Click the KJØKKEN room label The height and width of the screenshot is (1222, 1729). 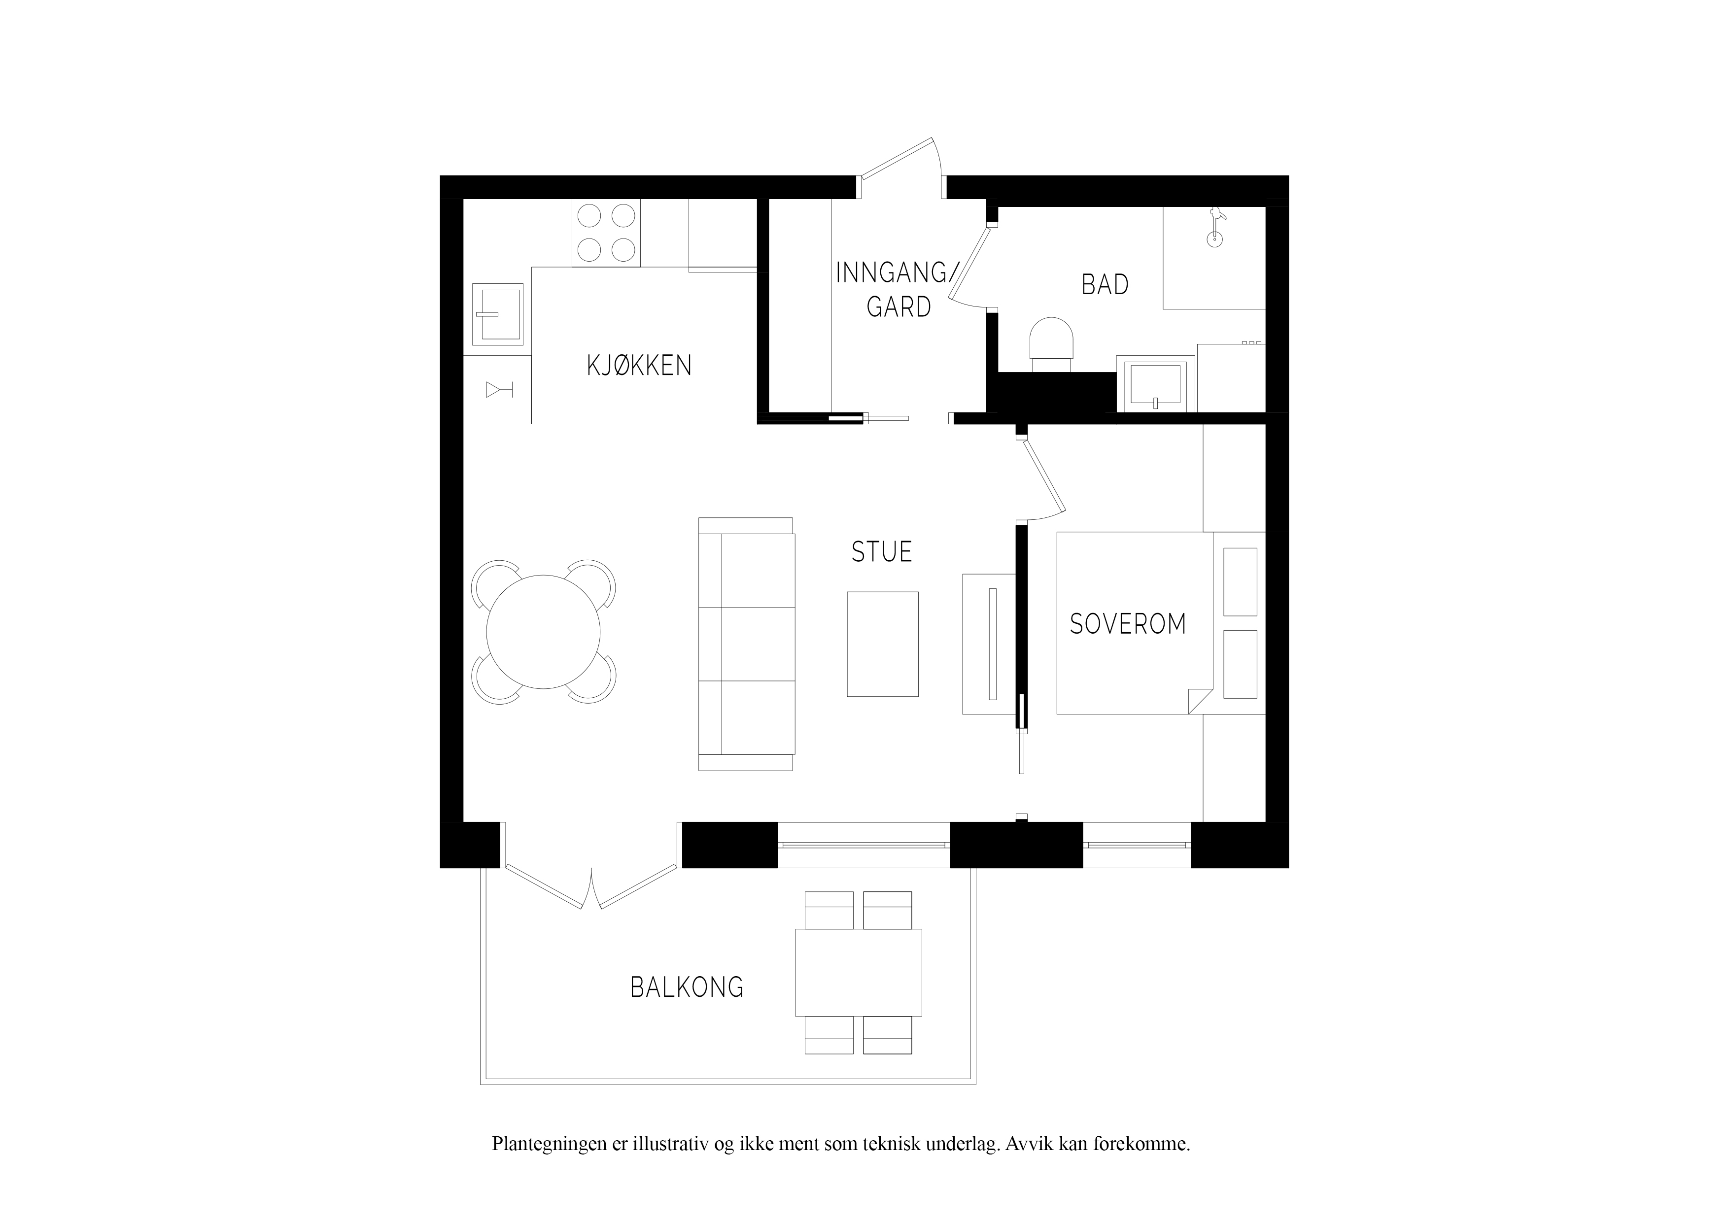coord(639,366)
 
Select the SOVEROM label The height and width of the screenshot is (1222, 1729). coord(1127,624)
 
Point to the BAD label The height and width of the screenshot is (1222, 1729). coord(1105,285)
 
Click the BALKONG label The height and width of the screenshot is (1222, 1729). coord(687,987)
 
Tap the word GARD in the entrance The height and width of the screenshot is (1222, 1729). coord(899,307)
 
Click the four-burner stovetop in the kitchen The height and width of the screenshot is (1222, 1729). coord(606,233)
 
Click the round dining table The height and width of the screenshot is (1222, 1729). coord(543,632)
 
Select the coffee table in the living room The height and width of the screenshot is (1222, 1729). coord(883,644)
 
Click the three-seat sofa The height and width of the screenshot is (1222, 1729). coord(746,644)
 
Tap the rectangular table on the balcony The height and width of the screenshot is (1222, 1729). coord(859,972)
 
